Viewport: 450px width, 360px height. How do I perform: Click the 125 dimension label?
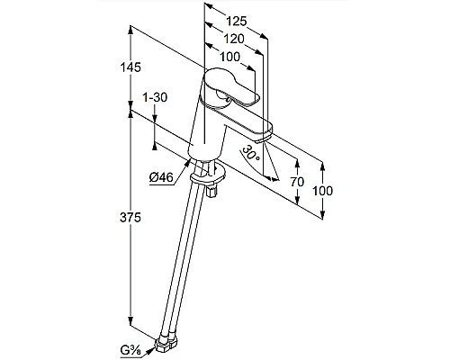pyautogui.click(x=236, y=22)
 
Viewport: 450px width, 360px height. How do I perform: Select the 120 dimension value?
pyautogui.click(x=234, y=39)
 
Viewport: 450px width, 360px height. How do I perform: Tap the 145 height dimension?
pyautogui.click(x=130, y=67)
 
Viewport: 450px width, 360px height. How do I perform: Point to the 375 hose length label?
pyautogui.click(x=130, y=217)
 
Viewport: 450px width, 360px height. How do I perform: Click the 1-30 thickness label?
pyautogui.click(x=155, y=97)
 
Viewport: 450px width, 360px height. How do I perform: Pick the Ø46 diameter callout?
pyautogui.click(x=161, y=178)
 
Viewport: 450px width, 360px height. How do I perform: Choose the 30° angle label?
pyautogui.click(x=251, y=153)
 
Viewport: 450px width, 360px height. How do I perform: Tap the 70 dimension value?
pyautogui.click(x=297, y=182)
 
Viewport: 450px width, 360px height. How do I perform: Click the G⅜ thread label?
pyautogui.click(x=132, y=350)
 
